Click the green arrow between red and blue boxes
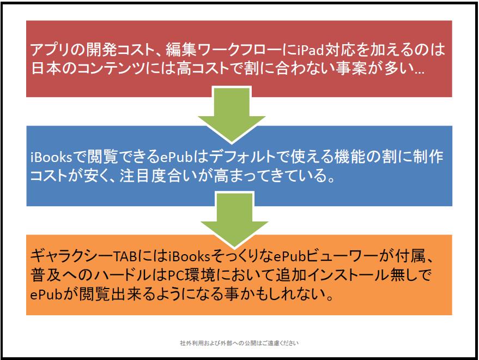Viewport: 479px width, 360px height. coord(232,115)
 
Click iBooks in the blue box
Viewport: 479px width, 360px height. coord(51,157)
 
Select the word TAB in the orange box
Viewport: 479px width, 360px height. coord(125,256)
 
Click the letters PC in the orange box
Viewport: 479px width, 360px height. coord(175,275)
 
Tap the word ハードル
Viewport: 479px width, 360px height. coord(123,275)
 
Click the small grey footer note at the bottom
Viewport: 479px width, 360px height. coord(239,343)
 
